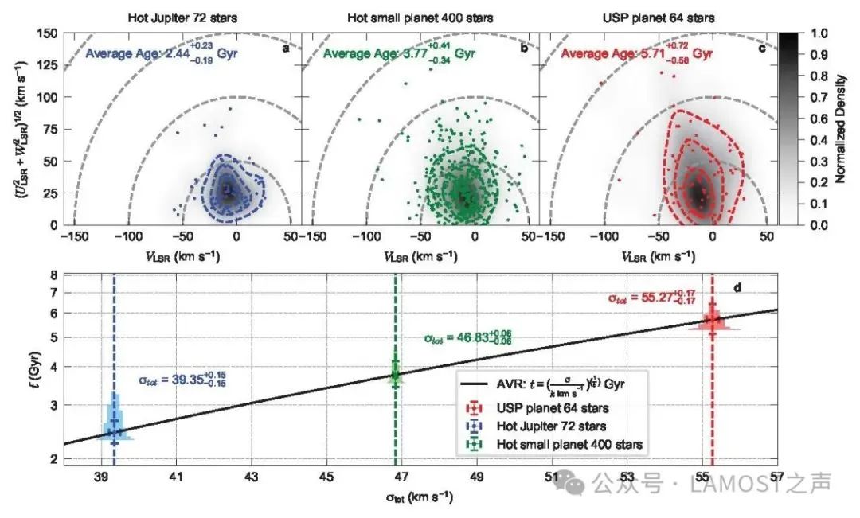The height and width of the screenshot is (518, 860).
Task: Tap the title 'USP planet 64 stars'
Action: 658,18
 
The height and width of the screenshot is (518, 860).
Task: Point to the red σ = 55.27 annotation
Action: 651,298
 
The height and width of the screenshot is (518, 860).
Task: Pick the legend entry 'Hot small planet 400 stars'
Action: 569,444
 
